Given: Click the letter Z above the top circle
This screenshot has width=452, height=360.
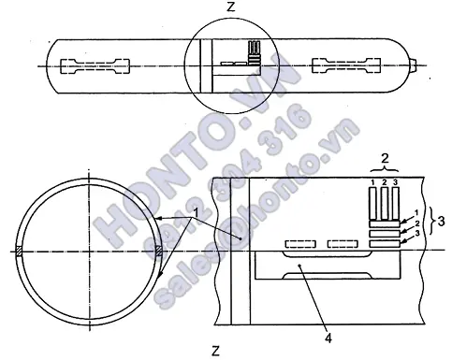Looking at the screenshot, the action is coord(230,7).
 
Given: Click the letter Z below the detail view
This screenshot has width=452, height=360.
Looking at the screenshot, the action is coord(215,351).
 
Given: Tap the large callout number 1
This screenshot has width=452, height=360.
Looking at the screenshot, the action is coord(196,213).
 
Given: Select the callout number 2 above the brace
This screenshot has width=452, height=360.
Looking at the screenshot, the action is coord(385,159).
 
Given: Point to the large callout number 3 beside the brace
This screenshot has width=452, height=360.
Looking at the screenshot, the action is coord(441,221).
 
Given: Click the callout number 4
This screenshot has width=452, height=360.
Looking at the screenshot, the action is coord(328,338).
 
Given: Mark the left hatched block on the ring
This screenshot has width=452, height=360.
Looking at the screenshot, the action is coord(20,252).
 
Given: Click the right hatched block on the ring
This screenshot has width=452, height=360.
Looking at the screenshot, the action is coord(159,252).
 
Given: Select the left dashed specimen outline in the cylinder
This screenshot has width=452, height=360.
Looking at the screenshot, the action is coord(95,66).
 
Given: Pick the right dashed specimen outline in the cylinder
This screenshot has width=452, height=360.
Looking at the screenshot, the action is coord(346,65).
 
